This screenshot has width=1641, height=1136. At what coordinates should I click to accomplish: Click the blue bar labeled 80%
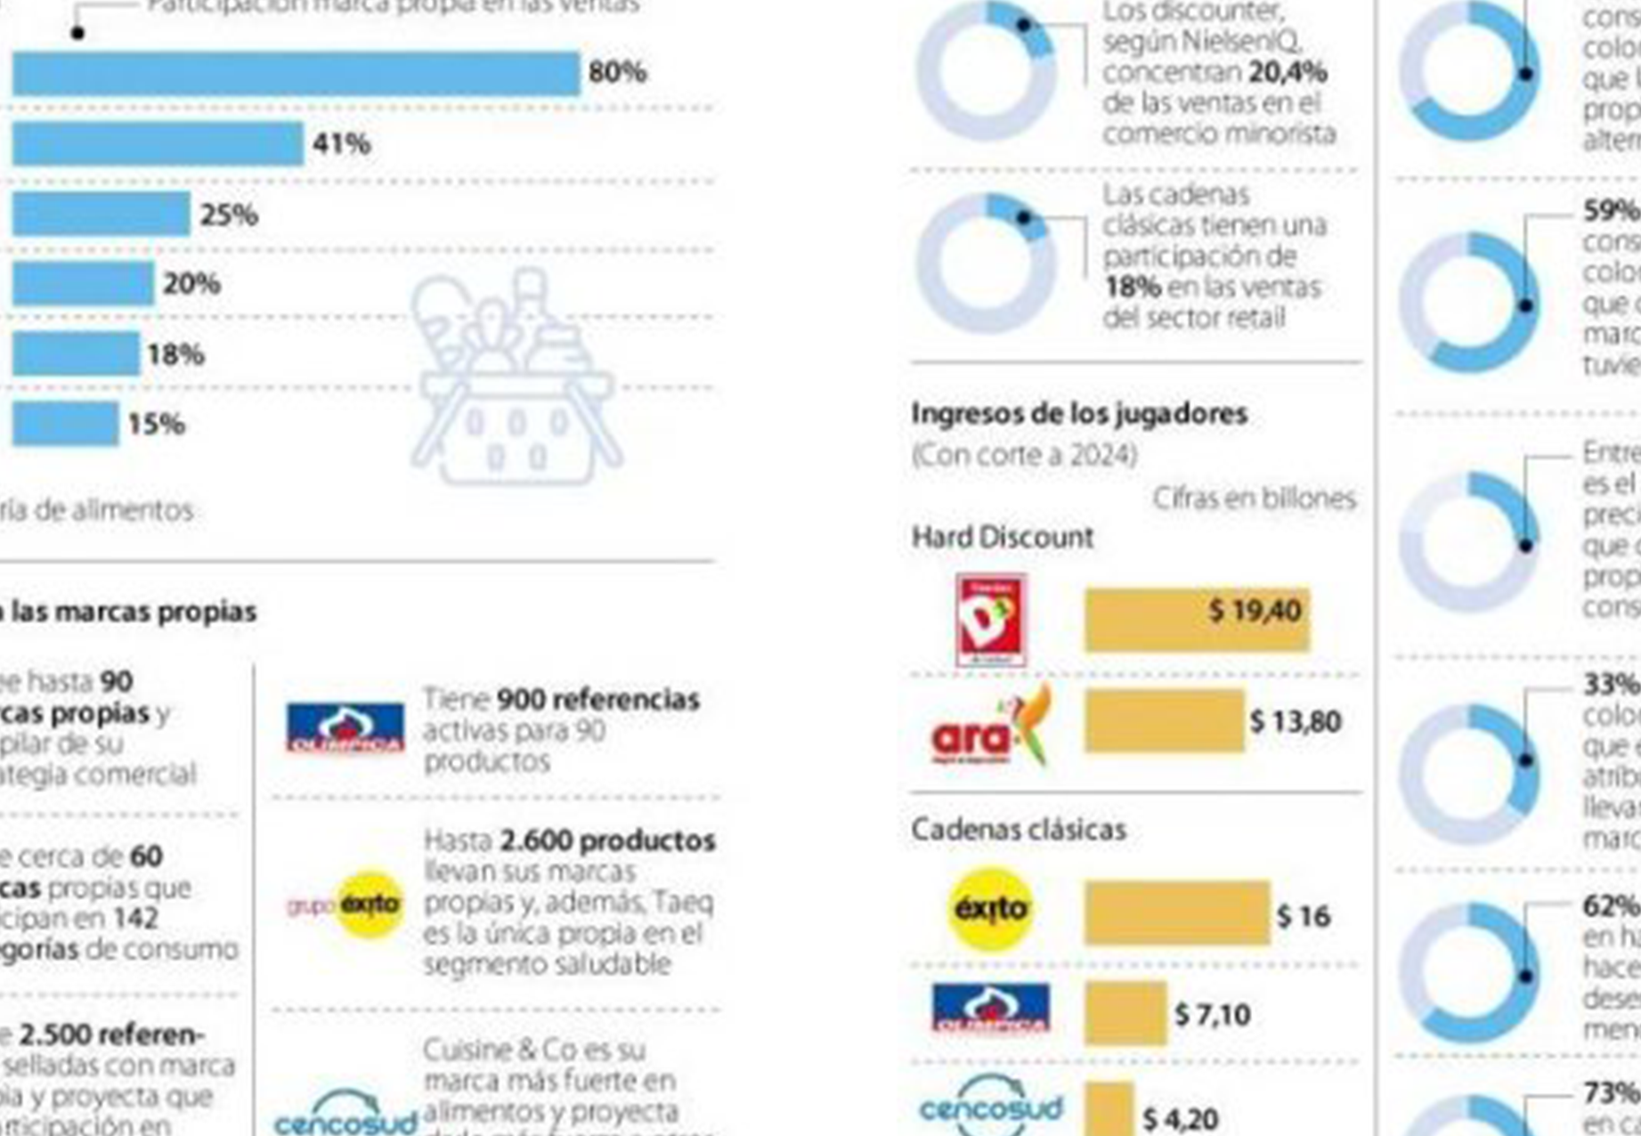tap(296, 74)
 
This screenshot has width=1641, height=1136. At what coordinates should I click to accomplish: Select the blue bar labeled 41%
tap(158, 144)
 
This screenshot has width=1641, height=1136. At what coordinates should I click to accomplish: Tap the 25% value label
tap(229, 215)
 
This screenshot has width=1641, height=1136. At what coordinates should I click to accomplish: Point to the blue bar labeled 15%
tap(65, 424)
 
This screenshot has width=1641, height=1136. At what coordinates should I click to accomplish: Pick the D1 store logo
tap(991, 621)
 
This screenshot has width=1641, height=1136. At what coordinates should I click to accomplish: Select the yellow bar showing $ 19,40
tap(1197, 620)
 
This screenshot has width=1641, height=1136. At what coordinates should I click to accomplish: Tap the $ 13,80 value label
tap(1296, 721)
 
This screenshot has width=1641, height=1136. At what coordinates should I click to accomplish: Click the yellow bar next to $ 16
tap(1177, 913)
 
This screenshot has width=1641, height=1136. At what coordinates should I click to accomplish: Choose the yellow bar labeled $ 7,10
tap(1125, 1013)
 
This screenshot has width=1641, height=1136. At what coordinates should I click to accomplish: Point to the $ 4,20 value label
tap(1181, 1118)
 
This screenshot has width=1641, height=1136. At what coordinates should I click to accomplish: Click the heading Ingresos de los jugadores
tap(1079, 414)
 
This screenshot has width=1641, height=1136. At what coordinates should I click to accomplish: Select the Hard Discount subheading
tap(1003, 538)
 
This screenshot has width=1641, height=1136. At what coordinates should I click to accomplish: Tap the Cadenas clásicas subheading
tap(1019, 830)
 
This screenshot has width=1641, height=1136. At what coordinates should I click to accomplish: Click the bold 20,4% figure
tap(1288, 72)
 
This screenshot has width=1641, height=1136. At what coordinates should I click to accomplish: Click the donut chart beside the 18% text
tap(986, 264)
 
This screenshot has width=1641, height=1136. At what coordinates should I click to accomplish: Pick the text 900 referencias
tap(597, 700)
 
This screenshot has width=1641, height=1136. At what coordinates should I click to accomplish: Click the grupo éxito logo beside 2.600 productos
tap(345, 905)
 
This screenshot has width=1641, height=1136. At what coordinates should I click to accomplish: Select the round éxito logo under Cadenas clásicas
tap(990, 910)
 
